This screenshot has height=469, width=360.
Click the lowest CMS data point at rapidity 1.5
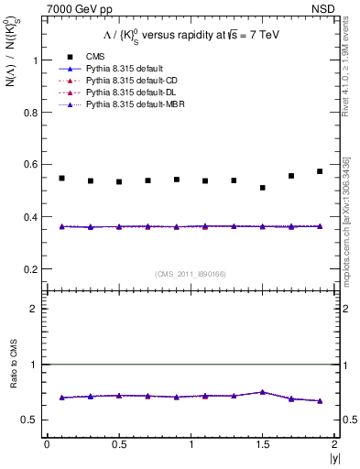click(x=263, y=188)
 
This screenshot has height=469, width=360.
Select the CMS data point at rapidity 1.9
click(x=320, y=171)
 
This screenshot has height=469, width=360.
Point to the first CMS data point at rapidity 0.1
click(x=61, y=178)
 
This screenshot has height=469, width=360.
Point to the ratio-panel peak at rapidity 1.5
click(x=263, y=392)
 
